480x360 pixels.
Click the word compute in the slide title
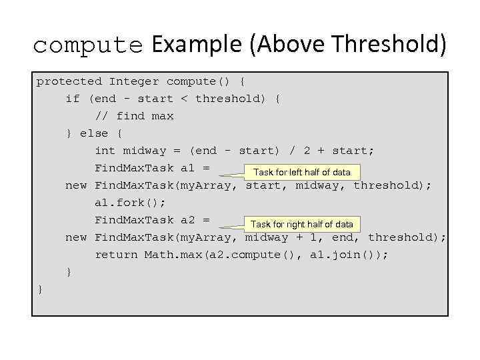87,45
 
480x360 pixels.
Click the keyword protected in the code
69,81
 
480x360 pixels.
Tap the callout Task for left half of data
302,172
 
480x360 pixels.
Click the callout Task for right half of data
302,224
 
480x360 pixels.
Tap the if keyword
73,99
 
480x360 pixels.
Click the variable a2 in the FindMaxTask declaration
188,220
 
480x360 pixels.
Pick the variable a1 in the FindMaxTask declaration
188,168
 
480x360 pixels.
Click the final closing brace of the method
40,289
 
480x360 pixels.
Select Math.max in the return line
171,255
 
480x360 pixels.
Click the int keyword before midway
105,151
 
